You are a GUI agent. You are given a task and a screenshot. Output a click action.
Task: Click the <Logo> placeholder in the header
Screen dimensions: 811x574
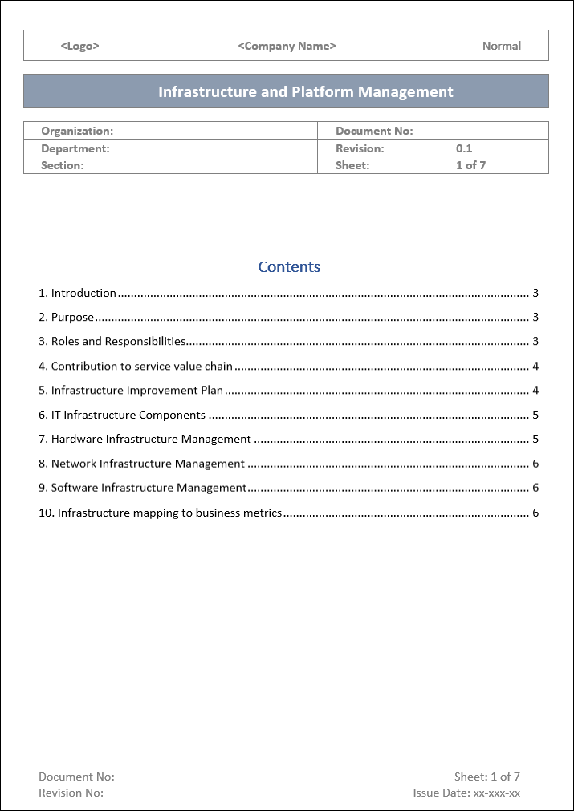(79, 46)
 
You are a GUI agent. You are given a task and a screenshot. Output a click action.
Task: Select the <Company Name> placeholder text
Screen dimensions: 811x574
(287, 46)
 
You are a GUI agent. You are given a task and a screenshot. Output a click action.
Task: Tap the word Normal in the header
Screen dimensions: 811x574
(501, 46)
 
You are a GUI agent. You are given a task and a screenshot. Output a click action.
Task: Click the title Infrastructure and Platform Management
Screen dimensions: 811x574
(305, 91)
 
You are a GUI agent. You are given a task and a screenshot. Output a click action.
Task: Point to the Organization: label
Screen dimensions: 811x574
(77, 131)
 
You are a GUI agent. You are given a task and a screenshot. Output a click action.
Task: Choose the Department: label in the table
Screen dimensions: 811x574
(75, 148)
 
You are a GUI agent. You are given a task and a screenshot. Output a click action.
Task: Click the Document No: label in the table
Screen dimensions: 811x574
(374, 131)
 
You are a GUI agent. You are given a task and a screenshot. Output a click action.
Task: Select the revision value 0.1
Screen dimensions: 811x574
(464, 148)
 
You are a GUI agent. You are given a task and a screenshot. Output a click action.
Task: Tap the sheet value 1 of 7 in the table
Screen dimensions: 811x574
(470, 165)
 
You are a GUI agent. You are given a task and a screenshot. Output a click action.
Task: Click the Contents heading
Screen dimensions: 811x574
(289, 267)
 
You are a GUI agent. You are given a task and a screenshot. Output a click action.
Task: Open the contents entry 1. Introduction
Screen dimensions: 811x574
(78, 294)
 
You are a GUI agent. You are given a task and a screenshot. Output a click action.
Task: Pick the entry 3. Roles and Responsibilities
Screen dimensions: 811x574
(112, 342)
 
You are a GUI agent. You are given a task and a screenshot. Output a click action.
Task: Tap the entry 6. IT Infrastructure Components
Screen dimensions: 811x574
(122, 416)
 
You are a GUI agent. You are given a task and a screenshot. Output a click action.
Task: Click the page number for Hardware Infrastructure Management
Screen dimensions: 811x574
(535, 440)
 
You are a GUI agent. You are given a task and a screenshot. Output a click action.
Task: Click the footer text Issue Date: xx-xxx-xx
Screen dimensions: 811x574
(466, 793)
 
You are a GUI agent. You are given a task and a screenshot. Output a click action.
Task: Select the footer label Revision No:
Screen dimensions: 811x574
(71, 793)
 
